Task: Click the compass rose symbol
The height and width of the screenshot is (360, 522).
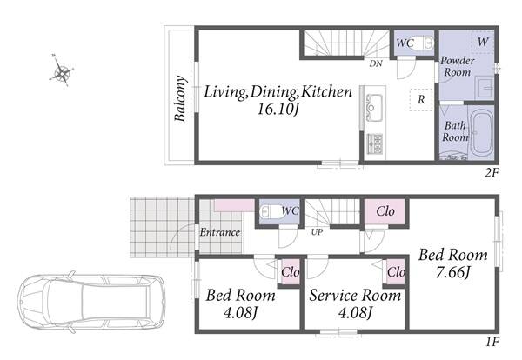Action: pyautogui.click(x=62, y=70)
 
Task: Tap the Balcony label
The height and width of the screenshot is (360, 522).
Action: pyautogui.click(x=180, y=98)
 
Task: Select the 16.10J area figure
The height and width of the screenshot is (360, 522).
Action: pyautogui.click(x=278, y=109)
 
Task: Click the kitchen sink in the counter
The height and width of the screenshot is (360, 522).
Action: pyautogui.click(x=374, y=108)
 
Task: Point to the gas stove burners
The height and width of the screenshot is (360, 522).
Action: pyautogui.click(x=375, y=143)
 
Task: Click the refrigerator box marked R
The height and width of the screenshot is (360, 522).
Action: pyautogui.click(x=421, y=99)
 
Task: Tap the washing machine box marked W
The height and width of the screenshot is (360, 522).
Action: pyautogui.click(x=483, y=42)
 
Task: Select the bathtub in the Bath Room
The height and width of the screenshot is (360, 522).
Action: pyautogui.click(x=482, y=133)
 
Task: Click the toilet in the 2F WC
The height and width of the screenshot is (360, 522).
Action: pyautogui.click(x=422, y=43)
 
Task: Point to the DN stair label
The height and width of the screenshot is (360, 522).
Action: pyautogui.click(x=376, y=63)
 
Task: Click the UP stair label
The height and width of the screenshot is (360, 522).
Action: pyautogui.click(x=317, y=232)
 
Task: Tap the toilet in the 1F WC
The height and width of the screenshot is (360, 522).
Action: pyautogui.click(x=272, y=211)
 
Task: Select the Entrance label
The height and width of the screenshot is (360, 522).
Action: pyautogui.click(x=220, y=232)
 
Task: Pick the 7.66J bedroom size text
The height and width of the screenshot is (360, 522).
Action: pyautogui.click(x=452, y=272)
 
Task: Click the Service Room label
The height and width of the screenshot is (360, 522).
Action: pyautogui.click(x=355, y=295)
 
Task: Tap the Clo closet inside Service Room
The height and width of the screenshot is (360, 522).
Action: pyautogui.click(x=396, y=272)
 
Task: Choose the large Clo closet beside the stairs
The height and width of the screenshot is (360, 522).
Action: pyautogui.click(x=385, y=211)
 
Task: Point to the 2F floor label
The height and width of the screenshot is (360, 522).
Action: pyautogui.click(x=492, y=173)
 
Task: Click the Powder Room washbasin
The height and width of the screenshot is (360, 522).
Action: pyautogui.click(x=485, y=87)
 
